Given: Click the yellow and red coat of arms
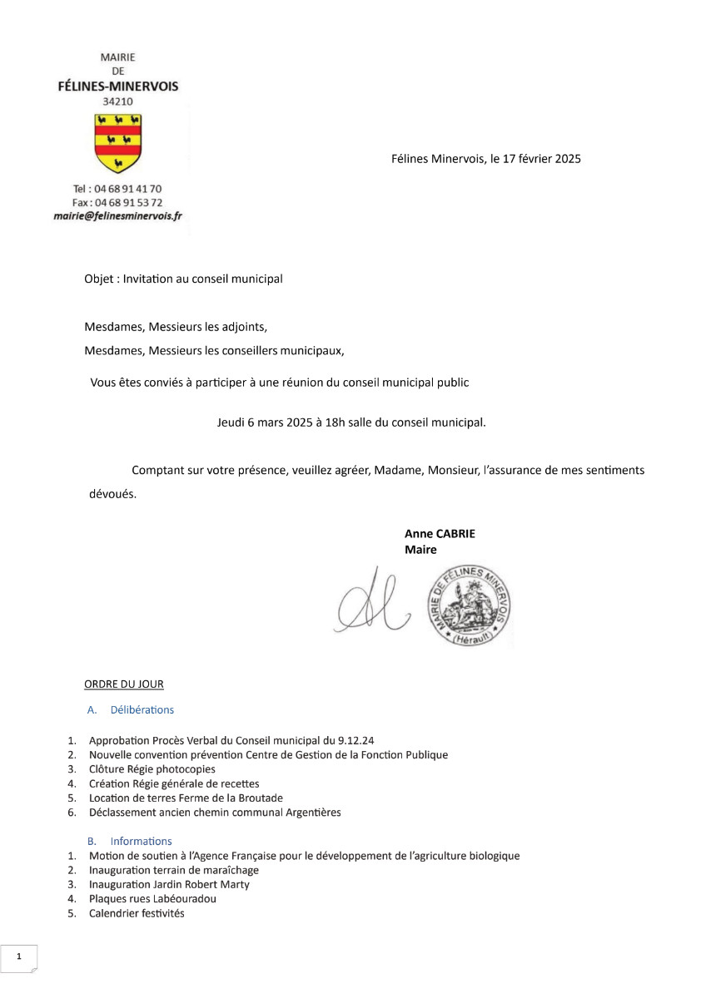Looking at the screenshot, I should coord(117,142).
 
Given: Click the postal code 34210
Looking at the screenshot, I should coord(117,101).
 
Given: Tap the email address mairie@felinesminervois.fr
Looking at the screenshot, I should coord(117,215).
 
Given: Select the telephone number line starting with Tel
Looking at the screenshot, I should coord(117,189).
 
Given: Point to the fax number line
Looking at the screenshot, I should coord(117,202).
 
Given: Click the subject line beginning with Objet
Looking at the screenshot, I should coord(183,279).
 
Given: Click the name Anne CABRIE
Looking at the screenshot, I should coord(440,534).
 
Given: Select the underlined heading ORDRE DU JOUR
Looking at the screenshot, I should coord(124,684).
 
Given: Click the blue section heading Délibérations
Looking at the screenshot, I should coord(142,709).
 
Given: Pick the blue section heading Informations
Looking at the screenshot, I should coord(141,841).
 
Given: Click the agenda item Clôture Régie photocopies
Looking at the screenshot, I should coord(152,769).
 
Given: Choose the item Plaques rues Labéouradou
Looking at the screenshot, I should coord(152,899).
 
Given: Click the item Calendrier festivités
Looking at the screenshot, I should coord(137,913).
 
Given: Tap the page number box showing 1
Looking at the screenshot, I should coord(18,957).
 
